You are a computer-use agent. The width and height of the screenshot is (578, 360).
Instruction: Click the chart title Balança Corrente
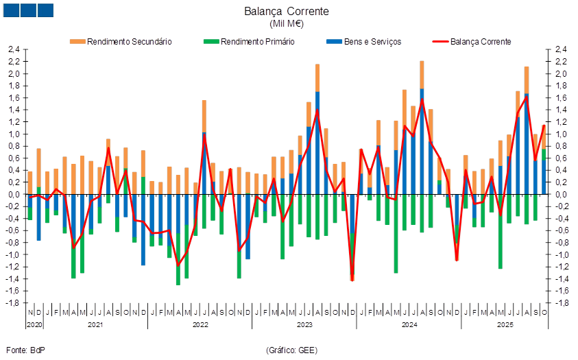click(x=287, y=12)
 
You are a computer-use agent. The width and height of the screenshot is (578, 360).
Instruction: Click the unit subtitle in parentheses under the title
click(x=287, y=24)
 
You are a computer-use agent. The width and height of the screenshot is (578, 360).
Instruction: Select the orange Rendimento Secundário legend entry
click(x=121, y=41)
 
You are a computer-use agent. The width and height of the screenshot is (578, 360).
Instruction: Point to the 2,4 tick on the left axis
click(x=13, y=50)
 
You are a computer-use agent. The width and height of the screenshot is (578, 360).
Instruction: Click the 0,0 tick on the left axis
click(x=13, y=195)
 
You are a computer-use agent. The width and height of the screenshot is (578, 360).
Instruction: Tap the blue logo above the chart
click(x=28, y=10)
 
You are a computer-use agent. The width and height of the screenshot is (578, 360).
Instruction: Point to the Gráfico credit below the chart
click(x=291, y=350)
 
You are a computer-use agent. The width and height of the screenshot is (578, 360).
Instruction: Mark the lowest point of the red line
click(x=352, y=280)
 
